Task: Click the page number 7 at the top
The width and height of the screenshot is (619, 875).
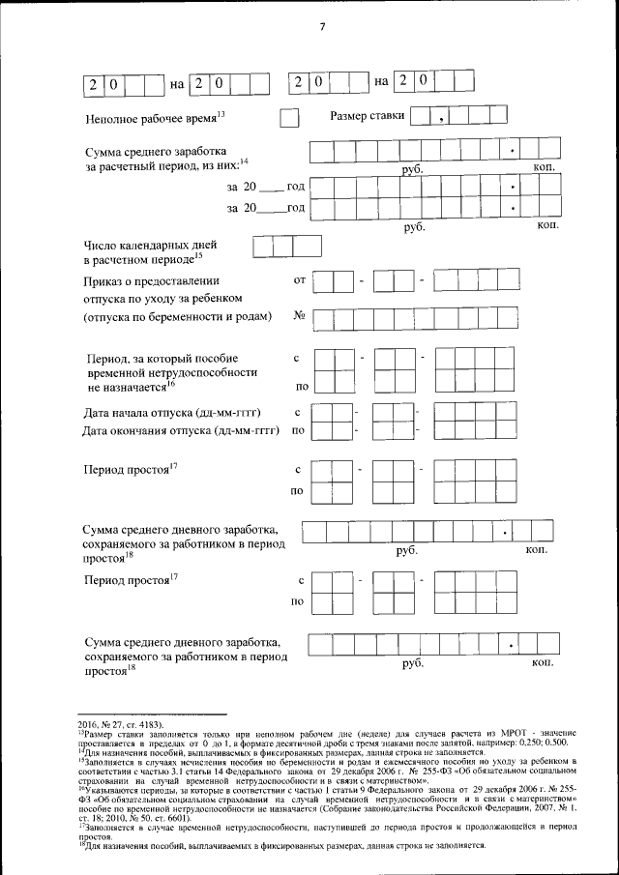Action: pyautogui.click(x=321, y=26)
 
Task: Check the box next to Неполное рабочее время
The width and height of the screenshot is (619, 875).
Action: pyautogui.click(x=288, y=118)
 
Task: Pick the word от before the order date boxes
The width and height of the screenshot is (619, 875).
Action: pyautogui.click(x=299, y=280)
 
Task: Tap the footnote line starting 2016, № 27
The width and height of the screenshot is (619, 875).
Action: pyautogui.click(x=121, y=722)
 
